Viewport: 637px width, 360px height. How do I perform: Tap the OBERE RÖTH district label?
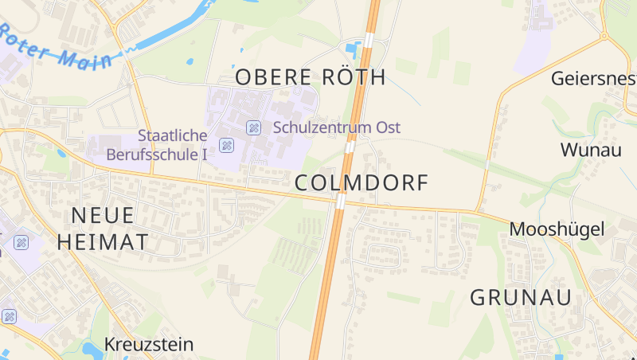[310, 77]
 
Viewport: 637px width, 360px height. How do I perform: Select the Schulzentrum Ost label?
[337, 127]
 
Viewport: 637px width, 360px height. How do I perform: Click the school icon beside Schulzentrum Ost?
[253, 127]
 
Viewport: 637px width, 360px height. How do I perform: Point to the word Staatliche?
[172, 135]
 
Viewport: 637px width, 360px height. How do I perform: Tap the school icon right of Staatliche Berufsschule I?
[227, 145]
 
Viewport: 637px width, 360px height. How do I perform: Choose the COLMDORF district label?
[361, 183]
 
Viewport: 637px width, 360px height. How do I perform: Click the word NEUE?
[103, 215]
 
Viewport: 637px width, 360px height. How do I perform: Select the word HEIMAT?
[103, 242]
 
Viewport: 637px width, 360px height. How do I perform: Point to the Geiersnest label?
[594, 78]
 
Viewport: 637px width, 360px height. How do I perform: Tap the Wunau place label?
[591, 150]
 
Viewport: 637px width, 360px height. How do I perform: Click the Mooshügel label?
[557, 229]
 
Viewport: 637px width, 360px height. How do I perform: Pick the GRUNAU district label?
[522, 298]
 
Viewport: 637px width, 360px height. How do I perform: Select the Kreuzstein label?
[149, 345]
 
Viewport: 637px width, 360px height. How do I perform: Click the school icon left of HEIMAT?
[21, 242]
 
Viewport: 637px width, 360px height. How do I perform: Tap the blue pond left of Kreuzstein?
[89, 348]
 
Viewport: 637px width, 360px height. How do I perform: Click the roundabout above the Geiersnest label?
[603, 36]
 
